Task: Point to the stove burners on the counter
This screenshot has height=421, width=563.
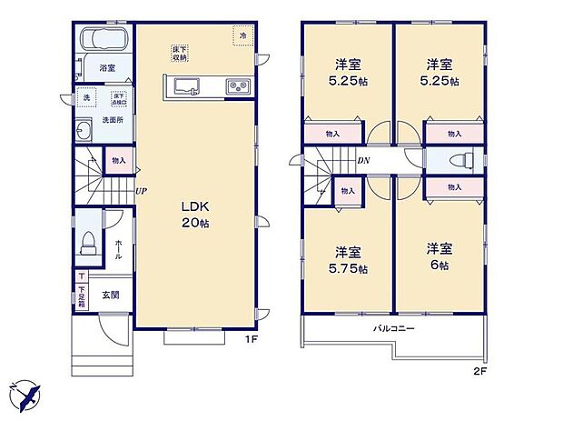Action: coord(239,87)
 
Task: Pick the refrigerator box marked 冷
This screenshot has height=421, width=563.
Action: coord(243,35)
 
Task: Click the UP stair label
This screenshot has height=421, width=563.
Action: coord(142,191)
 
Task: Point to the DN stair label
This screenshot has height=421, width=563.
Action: coord(362,162)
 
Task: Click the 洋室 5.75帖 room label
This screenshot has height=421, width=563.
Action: coord(348,260)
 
